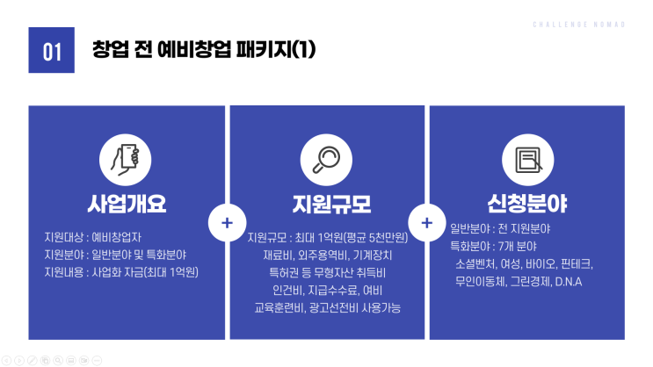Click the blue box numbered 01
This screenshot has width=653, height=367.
point(51,50)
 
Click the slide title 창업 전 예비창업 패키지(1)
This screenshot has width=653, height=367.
point(204,49)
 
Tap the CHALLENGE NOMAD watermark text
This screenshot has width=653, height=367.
point(579,25)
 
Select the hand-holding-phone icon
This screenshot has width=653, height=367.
point(125,160)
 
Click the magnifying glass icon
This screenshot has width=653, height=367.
point(326,160)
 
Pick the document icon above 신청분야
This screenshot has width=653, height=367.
point(528,160)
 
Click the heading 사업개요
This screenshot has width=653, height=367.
point(127,204)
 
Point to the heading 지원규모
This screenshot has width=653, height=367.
point(331,204)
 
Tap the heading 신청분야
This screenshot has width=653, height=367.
point(527,204)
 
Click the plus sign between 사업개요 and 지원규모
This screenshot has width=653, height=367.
point(227,223)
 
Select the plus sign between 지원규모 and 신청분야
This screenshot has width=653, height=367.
point(427,223)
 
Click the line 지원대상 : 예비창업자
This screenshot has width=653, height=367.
point(93,237)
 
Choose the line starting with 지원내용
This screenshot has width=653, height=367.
point(121,272)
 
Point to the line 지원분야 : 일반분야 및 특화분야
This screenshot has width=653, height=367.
point(115,255)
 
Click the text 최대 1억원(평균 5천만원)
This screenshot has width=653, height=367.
point(352,238)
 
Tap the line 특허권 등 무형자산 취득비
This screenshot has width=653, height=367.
point(327,272)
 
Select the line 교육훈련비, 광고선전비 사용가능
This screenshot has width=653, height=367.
point(327,307)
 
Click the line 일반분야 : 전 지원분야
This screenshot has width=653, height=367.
point(500,228)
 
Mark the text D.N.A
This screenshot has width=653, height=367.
point(569,282)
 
